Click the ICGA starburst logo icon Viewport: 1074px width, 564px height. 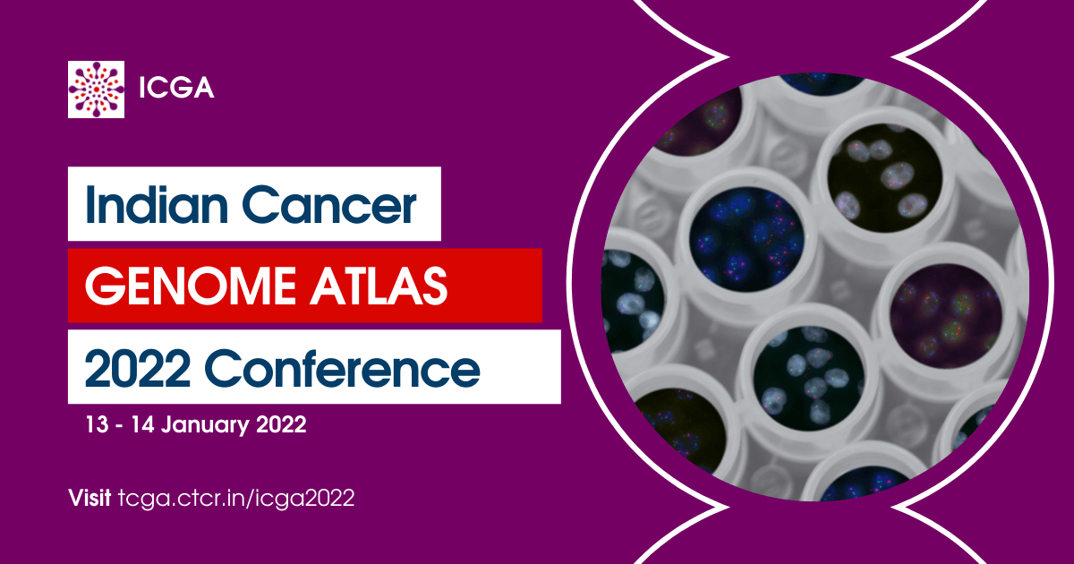tap(96, 89)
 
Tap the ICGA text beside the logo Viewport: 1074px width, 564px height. tap(176, 90)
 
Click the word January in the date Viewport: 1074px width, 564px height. tap(202, 425)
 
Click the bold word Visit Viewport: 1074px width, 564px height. tap(90, 499)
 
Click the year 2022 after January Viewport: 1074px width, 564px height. tap(276, 425)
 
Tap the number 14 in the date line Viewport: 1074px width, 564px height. tap(138, 425)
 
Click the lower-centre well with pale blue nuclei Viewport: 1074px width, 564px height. tap(804, 380)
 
